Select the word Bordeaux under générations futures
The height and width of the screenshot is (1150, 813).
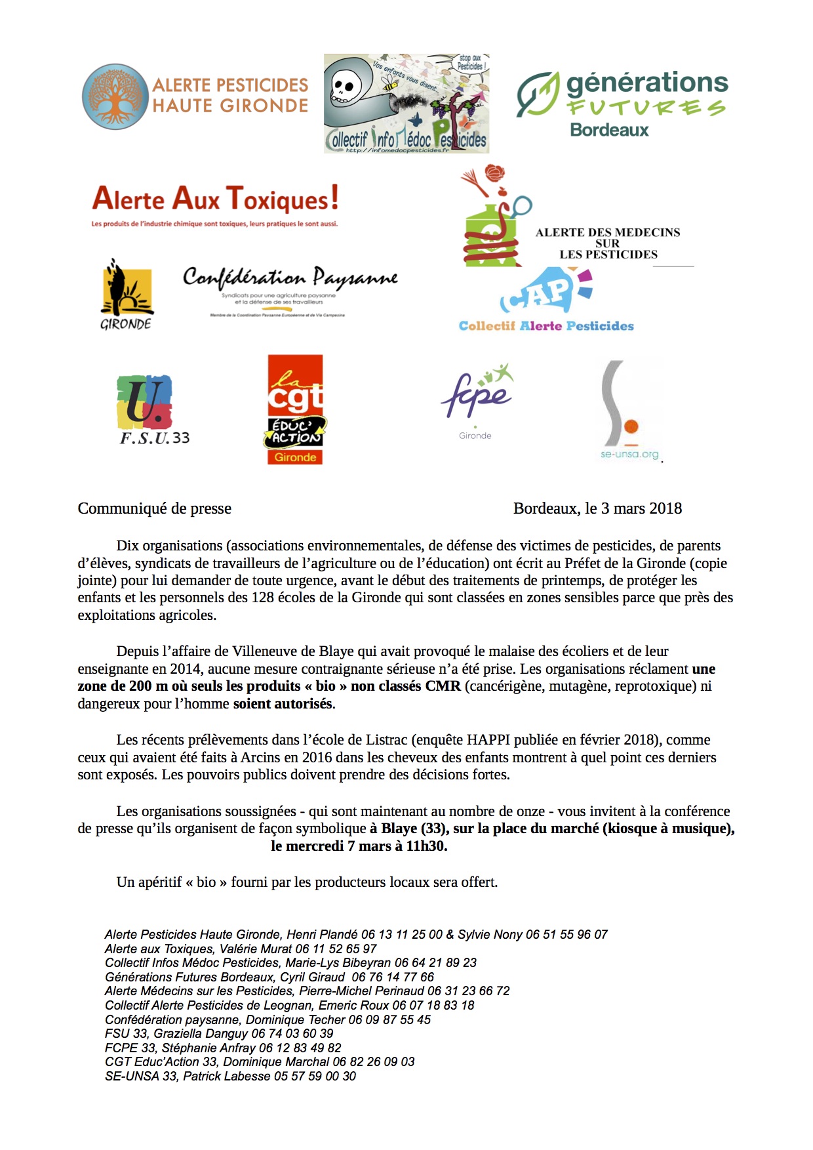click(609, 130)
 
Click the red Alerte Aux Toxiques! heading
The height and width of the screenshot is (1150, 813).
click(216, 199)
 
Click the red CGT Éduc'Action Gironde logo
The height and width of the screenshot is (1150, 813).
click(295, 409)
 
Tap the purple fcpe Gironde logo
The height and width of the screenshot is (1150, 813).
click(477, 400)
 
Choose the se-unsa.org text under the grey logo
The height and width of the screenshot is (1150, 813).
click(629, 454)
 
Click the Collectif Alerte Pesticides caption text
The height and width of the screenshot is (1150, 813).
click(546, 326)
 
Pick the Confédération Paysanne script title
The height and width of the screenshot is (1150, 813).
click(290, 278)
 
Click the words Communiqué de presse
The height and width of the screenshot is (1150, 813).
click(155, 508)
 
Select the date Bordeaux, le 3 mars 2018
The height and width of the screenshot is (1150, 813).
click(597, 508)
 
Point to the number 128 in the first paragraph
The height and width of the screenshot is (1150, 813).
click(262, 598)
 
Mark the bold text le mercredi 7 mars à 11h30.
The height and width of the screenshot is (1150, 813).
click(359, 846)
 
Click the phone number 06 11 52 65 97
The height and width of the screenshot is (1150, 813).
click(336, 949)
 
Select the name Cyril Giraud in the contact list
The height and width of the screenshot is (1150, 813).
click(313, 977)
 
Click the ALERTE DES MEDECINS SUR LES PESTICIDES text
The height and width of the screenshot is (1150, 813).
click(608, 243)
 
